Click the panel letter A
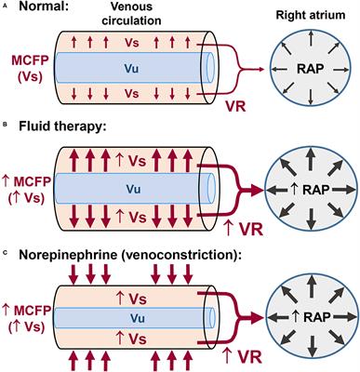7,7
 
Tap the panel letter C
7,251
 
